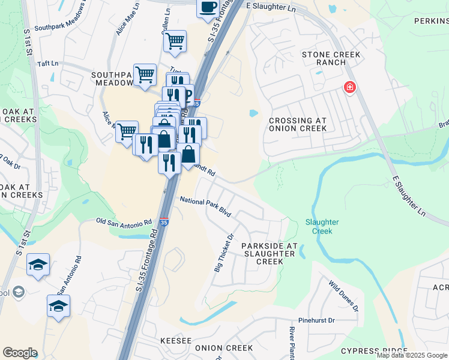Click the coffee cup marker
coord(208,8)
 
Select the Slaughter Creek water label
coord(322,226)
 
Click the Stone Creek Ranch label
coord(331,59)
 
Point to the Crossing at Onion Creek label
coord(298,124)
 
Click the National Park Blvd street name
coord(206,206)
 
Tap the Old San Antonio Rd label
coord(124,222)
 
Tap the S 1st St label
coord(28,42)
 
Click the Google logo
coord(20,353)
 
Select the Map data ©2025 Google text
coord(412,355)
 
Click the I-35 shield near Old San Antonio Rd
coord(164,222)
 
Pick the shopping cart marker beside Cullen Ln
coord(175,41)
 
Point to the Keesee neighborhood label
coord(176,341)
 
